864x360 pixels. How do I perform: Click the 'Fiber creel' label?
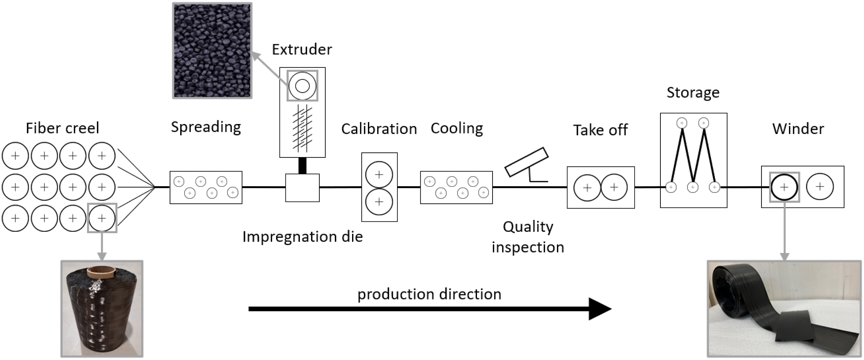(62, 128)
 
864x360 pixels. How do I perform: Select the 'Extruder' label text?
(302, 50)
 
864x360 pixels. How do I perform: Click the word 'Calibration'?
(379, 129)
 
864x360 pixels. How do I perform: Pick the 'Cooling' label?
(457, 129)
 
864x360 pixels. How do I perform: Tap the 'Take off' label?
(600, 130)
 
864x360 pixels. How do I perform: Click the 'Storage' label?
(693, 93)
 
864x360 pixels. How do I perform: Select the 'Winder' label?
(798, 129)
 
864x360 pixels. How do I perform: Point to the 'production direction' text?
(429, 294)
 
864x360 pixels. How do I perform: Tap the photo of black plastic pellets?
(212, 51)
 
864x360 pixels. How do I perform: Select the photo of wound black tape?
(784, 309)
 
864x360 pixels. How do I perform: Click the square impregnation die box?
(302, 187)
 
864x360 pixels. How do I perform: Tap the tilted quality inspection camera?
(526, 163)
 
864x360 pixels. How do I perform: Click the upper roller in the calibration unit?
(379, 175)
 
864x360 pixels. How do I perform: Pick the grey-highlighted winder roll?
(784, 187)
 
